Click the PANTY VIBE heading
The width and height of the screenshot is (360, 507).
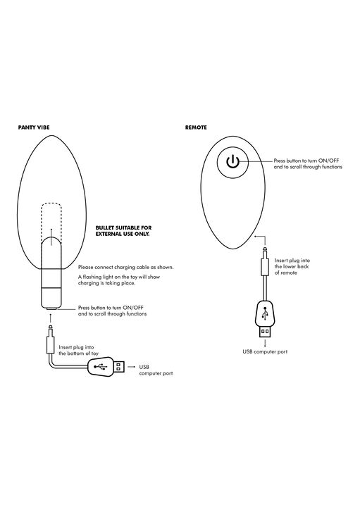coord(34,127)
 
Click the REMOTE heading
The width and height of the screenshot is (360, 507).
coord(196,127)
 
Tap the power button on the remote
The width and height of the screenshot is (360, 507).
coord(232,162)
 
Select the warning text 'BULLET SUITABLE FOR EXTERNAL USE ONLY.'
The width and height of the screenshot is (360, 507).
coord(123,231)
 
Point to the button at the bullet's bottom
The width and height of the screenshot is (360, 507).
coord(51,309)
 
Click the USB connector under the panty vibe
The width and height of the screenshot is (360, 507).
coord(106,367)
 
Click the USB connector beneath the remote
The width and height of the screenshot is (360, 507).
coord(265,319)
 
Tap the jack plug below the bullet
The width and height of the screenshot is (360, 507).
coord(51,339)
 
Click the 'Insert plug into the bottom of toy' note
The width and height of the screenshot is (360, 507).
coord(79,351)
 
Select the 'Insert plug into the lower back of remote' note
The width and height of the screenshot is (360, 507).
coord(292,266)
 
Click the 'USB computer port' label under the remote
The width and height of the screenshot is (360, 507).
coord(265,351)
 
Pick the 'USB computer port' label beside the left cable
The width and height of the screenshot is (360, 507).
coord(156,370)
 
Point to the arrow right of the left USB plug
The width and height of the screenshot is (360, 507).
coord(131,367)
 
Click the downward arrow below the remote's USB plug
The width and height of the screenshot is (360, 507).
coord(265,343)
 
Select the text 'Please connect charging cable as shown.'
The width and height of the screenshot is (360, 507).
coord(126,268)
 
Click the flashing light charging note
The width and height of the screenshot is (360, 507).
coord(119,280)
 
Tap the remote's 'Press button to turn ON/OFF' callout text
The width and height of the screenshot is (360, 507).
coord(308,163)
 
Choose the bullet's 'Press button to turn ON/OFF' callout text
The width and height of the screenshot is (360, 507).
coord(112,311)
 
